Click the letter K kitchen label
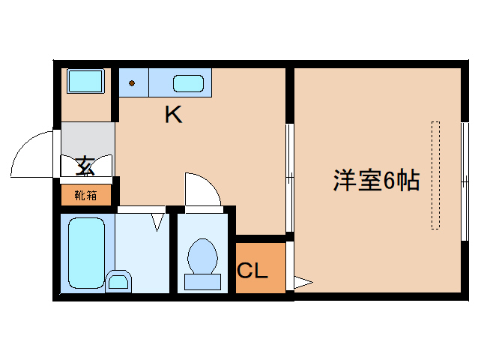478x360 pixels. (173, 115)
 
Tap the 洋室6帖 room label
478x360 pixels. (375, 181)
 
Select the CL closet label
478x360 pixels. (252, 271)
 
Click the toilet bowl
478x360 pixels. (202, 256)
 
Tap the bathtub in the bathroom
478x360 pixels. (86, 253)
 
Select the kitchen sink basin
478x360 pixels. (190, 82)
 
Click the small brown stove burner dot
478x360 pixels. (132, 83)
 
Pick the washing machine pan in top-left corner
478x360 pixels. (85, 81)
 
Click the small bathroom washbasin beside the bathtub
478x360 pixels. (118, 281)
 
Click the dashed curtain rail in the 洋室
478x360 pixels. (435, 174)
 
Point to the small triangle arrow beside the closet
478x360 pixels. (302, 283)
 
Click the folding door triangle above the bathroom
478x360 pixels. (158, 220)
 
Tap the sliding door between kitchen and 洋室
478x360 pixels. (290, 178)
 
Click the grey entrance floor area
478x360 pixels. (88, 139)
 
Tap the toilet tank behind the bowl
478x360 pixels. (202, 281)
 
